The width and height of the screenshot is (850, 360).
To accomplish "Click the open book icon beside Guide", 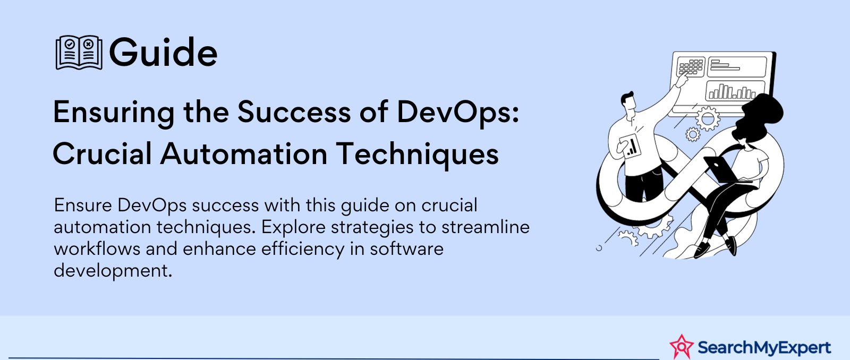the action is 79,53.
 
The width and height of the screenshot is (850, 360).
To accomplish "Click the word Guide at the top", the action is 163,53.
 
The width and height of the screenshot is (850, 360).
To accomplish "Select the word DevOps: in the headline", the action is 458,113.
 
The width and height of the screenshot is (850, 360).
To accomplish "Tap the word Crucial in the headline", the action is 102,153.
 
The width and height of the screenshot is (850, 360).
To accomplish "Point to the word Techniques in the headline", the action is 418,153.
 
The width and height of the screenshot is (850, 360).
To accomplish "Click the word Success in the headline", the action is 294,112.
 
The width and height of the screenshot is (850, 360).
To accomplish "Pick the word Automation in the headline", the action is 244,153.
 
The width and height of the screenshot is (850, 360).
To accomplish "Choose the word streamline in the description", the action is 486,227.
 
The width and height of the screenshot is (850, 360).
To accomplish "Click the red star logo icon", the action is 682,347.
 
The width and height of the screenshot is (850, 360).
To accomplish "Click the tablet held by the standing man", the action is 630,146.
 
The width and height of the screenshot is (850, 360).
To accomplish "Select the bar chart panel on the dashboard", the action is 730,91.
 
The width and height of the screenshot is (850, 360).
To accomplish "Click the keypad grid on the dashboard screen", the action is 691,67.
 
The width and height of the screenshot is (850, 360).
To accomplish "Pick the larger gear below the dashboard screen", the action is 707,119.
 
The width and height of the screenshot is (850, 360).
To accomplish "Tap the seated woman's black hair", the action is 757,116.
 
